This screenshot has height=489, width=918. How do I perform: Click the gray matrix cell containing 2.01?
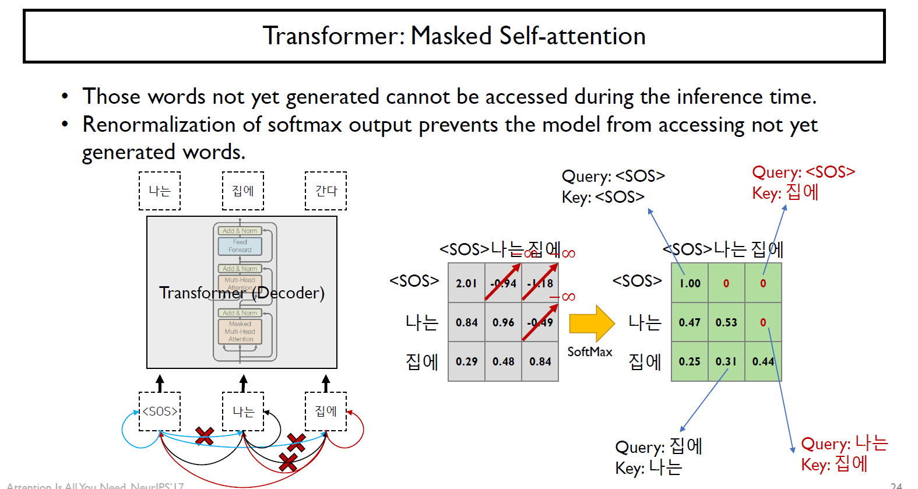tap(466, 283)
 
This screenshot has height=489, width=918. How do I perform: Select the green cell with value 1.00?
tap(690, 283)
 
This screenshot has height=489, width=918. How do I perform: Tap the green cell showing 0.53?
tap(726, 322)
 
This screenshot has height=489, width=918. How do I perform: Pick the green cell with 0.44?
tap(763, 361)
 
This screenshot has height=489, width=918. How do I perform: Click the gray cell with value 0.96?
tap(503, 322)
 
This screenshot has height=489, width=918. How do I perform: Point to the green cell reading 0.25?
tap(690, 361)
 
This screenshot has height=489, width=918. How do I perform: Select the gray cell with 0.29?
tap(466, 361)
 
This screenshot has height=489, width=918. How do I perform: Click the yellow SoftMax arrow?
tap(591, 323)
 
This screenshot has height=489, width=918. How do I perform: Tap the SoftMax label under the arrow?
tap(590, 352)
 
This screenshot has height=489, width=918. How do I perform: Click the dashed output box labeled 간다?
tap(326, 191)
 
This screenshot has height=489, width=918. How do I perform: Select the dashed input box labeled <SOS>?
tap(160, 411)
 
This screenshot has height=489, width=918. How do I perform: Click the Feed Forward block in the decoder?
tap(240, 246)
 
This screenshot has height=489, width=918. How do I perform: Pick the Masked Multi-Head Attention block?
tap(240, 332)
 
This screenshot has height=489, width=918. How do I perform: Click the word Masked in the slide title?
tap(452, 36)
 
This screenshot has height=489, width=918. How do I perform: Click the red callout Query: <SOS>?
tap(803, 172)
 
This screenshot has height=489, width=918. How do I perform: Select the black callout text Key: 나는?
tap(648, 467)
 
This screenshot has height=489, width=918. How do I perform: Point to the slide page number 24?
tap(896, 485)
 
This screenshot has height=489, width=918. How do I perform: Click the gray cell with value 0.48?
tap(503, 361)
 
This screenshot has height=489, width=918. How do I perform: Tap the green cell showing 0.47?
tap(690, 322)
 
